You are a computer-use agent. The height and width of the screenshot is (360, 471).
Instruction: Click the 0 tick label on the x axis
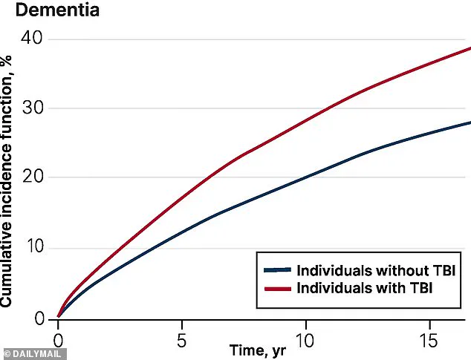pyautogui.click(x=58, y=342)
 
